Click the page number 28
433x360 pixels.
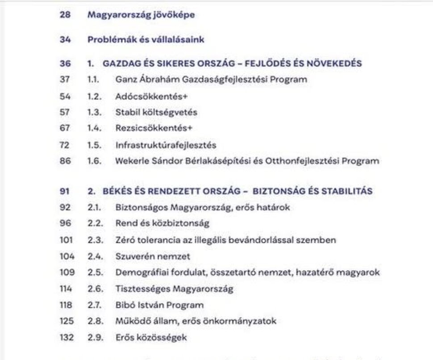(65, 15)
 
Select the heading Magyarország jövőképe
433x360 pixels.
(141, 15)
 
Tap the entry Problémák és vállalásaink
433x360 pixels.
(146, 39)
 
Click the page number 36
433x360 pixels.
(65, 63)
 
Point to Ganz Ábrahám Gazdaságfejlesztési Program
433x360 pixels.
(211, 80)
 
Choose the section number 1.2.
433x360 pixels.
(95, 96)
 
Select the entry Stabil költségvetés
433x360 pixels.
(156, 113)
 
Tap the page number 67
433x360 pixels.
(65, 129)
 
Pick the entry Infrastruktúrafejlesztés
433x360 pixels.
(166, 145)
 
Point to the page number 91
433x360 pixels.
(65, 191)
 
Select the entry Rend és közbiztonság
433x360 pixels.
(162, 224)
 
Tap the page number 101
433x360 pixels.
(66, 240)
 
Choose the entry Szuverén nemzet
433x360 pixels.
(153, 256)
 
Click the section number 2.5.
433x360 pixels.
(95, 272)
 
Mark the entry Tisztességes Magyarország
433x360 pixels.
(174, 289)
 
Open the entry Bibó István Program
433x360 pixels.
(159, 305)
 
